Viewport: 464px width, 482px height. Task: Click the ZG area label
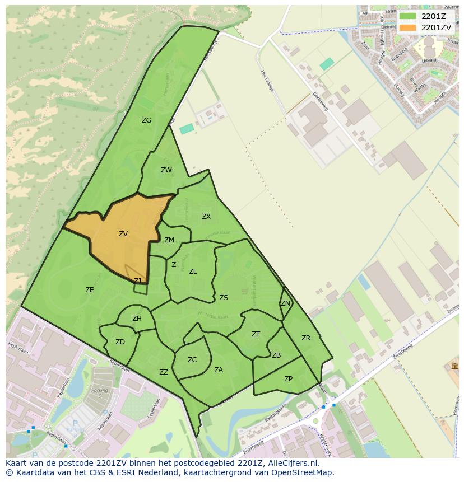coord(146,120)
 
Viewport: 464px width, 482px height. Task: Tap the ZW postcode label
coord(166,170)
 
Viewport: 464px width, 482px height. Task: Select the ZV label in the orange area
coord(123,234)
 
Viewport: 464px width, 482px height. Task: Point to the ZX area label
coord(206,217)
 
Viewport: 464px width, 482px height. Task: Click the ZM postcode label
coord(169,240)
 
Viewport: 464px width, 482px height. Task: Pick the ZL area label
coord(193,272)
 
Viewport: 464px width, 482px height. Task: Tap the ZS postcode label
coord(224,298)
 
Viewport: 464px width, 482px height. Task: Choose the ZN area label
coord(286,303)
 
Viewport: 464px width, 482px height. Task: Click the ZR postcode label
coord(306,338)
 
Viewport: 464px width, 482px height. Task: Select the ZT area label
coord(256,334)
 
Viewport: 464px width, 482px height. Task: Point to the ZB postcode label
coord(276,355)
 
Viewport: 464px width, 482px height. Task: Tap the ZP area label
coord(288,379)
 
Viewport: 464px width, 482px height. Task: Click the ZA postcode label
coord(219,370)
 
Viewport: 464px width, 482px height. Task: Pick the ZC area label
coord(192,360)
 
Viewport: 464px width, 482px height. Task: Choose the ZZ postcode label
coord(164,372)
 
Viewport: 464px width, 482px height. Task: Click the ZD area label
coord(120,342)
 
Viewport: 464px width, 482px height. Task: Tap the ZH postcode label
coord(137,319)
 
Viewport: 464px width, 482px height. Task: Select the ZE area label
coord(90,290)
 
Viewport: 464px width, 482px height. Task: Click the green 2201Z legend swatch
coord(408,16)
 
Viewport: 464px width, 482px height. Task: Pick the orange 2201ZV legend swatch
coord(408,27)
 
